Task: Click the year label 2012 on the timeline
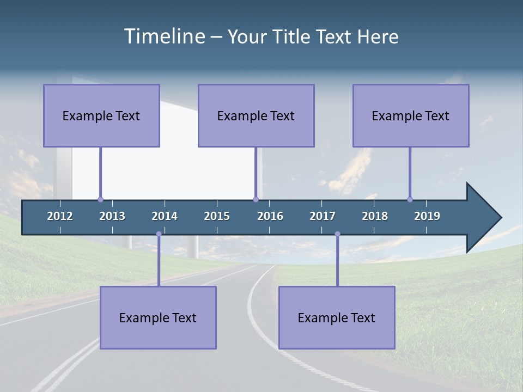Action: coord(60,216)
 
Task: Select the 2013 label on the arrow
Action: coord(112,216)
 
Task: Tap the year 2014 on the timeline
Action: coord(165,216)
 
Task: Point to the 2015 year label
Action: coord(217,216)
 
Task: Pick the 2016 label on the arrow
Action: coord(270,216)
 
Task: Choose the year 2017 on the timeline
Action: coord(323,216)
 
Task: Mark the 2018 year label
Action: coord(375,216)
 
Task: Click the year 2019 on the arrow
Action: coord(427,216)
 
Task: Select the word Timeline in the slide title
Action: coord(164,36)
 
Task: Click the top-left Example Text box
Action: coord(101,115)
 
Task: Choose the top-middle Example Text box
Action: coord(256,115)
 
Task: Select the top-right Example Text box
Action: coord(411,115)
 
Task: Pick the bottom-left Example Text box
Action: coord(158,317)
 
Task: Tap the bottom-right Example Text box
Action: coord(337,317)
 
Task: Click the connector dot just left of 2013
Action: coord(100,199)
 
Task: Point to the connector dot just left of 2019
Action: coord(410,199)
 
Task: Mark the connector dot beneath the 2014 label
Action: coord(159,234)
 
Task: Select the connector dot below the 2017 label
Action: coord(337,234)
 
